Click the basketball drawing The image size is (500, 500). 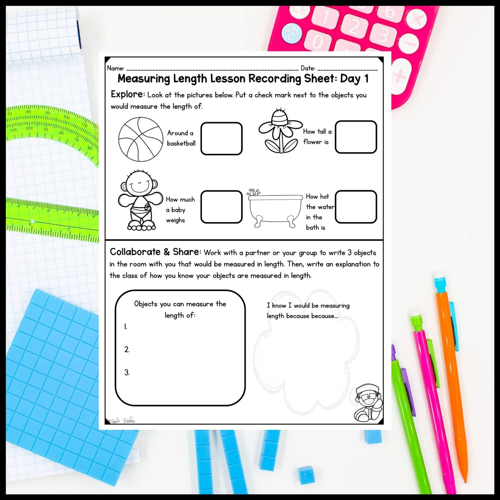[141, 139]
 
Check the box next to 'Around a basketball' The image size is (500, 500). [221, 138]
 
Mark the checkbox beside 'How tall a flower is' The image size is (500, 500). [356, 137]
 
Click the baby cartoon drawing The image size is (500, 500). [141, 200]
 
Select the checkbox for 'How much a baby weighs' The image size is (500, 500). [221, 207]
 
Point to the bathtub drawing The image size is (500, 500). [274, 208]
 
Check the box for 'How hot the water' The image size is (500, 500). [356, 207]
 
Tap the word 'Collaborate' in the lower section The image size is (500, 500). [135, 252]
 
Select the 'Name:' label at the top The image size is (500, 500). [116, 68]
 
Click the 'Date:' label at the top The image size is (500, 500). [308, 68]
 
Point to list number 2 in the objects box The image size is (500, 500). [127, 350]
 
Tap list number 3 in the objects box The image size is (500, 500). [127, 373]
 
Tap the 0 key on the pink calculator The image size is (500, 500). [318, 42]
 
